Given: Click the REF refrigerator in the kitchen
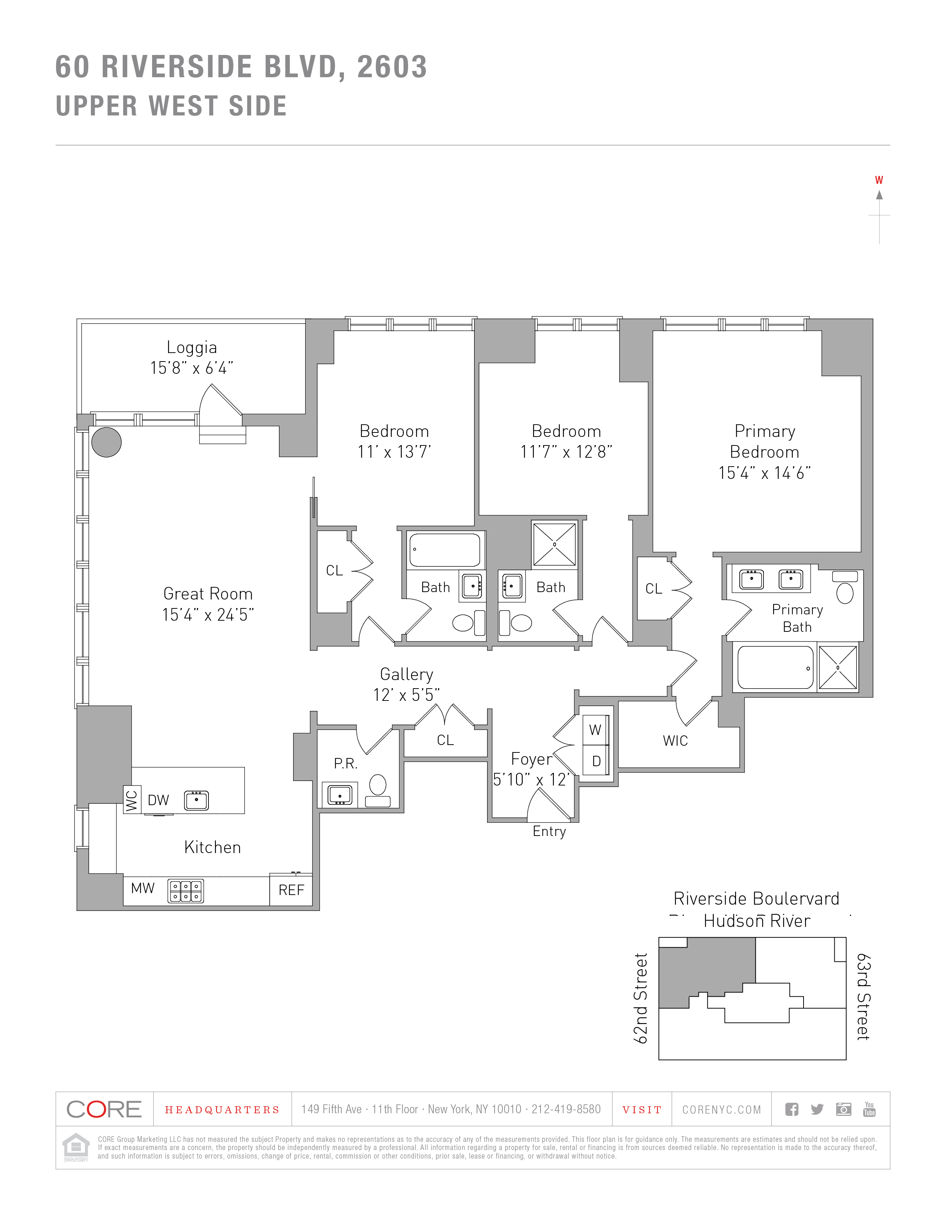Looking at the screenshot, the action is (291, 889).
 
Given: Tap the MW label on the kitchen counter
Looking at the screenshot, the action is (142, 888).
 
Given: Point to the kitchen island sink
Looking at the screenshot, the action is (197, 800).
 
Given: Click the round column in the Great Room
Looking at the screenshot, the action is (106, 442).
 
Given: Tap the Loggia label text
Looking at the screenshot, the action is (192, 347).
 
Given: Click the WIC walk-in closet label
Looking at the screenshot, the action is (675, 741).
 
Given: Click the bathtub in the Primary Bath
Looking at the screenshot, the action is (775, 667).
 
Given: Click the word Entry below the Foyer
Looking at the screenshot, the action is (549, 831).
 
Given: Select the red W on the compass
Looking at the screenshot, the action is (879, 180).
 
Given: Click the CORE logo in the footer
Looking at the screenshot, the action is (104, 1109).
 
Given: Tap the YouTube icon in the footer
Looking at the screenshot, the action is (869, 1109).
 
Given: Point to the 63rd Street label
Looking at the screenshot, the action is (864, 997).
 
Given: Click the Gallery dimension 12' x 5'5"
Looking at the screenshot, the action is (406, 695).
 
